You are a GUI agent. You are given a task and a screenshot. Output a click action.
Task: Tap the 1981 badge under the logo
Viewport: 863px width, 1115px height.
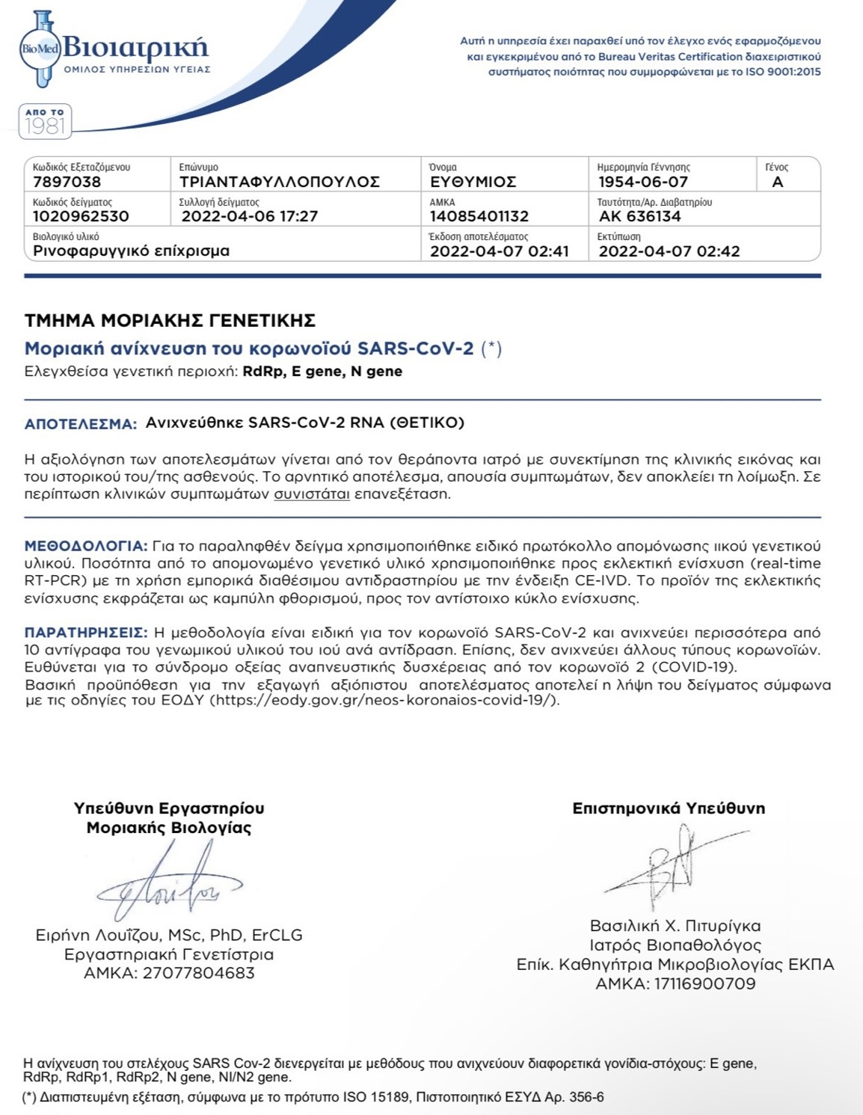point(45,121)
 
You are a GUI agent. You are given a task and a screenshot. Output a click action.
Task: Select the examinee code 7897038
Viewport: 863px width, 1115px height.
point(67,182)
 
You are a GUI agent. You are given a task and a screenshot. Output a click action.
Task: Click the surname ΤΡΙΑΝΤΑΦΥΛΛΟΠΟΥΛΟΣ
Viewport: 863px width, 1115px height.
point(279,182)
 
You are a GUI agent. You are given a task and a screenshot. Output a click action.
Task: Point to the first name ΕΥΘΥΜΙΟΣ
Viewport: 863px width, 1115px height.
point(473,182)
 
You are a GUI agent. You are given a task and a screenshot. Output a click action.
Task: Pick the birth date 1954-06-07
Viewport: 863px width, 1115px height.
point(642,182)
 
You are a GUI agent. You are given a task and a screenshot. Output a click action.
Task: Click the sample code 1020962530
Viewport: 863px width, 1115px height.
point(81,216)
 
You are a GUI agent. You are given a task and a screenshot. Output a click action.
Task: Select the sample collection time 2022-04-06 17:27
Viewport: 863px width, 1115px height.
point(250,216)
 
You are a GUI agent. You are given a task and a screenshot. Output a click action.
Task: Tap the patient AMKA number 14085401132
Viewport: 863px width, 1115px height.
point(479,216)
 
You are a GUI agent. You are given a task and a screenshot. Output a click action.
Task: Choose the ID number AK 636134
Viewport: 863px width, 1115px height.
point(639,216)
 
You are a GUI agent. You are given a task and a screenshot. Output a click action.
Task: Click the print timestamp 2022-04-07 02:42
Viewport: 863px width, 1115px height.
point(669,251)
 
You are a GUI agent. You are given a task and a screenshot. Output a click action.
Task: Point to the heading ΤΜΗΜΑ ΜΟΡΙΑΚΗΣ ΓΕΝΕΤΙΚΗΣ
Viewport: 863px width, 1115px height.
point(170,321)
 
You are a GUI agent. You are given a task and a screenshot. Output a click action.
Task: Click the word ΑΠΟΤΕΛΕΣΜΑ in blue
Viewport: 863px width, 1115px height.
point(80,424)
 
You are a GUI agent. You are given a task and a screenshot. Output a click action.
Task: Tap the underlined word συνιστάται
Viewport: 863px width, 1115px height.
point(311,494)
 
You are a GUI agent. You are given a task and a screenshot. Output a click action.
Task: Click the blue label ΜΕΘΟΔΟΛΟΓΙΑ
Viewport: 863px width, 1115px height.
point(85,546)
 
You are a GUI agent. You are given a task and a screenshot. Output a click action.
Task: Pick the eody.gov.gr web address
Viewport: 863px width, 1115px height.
point(384,701)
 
